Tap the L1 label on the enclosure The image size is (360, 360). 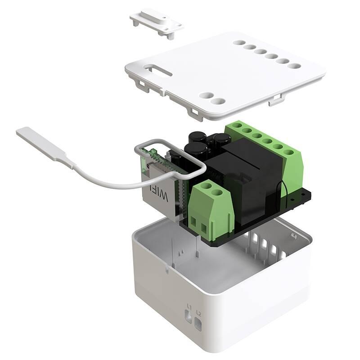click(x=189, y=307)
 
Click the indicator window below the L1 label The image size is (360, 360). click(x=189, y=318)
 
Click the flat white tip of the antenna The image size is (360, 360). click(x=38, y=140)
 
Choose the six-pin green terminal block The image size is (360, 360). click(x=265, y=144)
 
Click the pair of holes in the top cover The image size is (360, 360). click(x=212, y=99)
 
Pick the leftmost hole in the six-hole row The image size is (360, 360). click(x=238, y=43)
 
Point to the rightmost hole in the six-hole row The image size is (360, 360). click(x=294, y=66)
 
